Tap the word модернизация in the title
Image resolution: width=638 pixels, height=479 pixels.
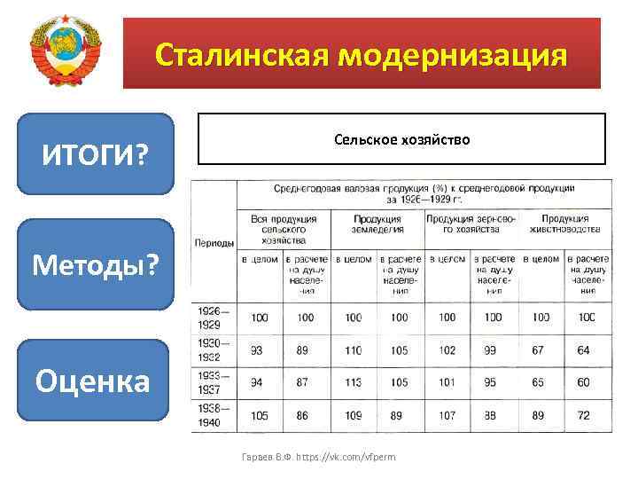click(x=451, y=55)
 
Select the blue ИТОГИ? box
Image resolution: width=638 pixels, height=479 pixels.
click(x=96, y=154)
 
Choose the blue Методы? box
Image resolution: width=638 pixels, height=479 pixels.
click(x=96, y=264)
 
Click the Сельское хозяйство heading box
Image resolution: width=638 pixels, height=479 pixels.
click(x=401, y=139)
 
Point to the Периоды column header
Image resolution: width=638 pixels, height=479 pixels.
click(x=214, y=242)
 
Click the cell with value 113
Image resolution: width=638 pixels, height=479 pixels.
click(x=353, y=382)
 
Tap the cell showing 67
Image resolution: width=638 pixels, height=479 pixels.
click(x=538, y=350)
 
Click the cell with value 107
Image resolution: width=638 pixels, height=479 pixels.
click(x=447, y=415)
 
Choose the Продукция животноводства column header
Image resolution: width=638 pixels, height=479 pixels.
click(x=564, y=224)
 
